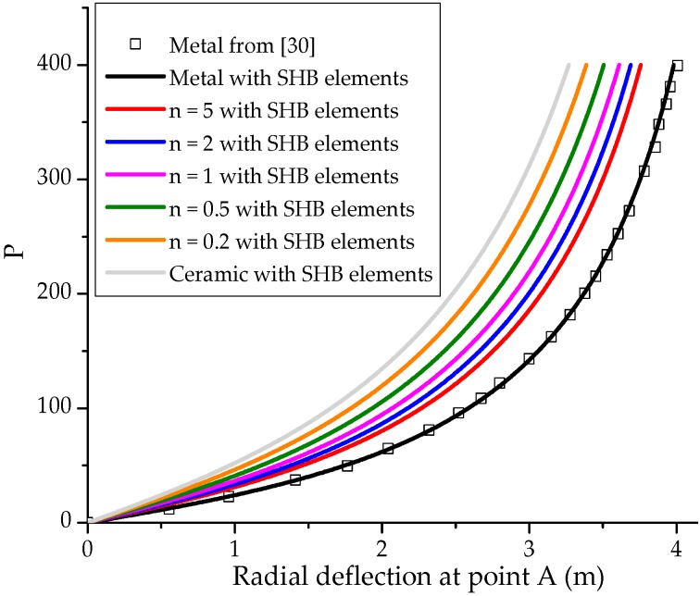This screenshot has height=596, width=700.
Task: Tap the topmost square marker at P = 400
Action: tap(678, 66)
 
